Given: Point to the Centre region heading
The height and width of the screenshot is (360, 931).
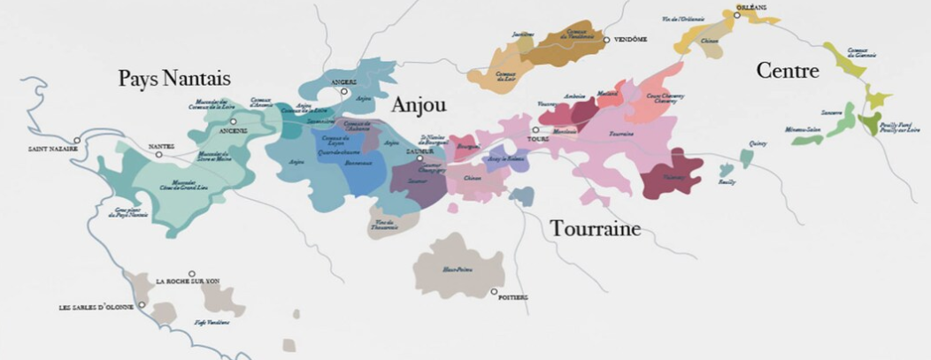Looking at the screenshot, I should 787,71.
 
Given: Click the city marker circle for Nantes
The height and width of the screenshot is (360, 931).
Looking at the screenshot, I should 159,155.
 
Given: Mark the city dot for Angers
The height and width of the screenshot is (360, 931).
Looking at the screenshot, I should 345,91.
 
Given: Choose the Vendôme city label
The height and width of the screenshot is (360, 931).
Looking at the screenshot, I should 631,40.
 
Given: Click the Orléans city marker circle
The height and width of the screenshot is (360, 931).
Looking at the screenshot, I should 736,15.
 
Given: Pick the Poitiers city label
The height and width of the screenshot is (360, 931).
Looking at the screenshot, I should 513,298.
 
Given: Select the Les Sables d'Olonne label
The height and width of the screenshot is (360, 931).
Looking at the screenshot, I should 96,307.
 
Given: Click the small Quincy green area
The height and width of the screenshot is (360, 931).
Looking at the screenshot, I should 746,158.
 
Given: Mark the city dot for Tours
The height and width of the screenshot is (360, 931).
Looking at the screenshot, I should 535,130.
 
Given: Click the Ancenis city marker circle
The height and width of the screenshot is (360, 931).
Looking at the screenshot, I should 233,121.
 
